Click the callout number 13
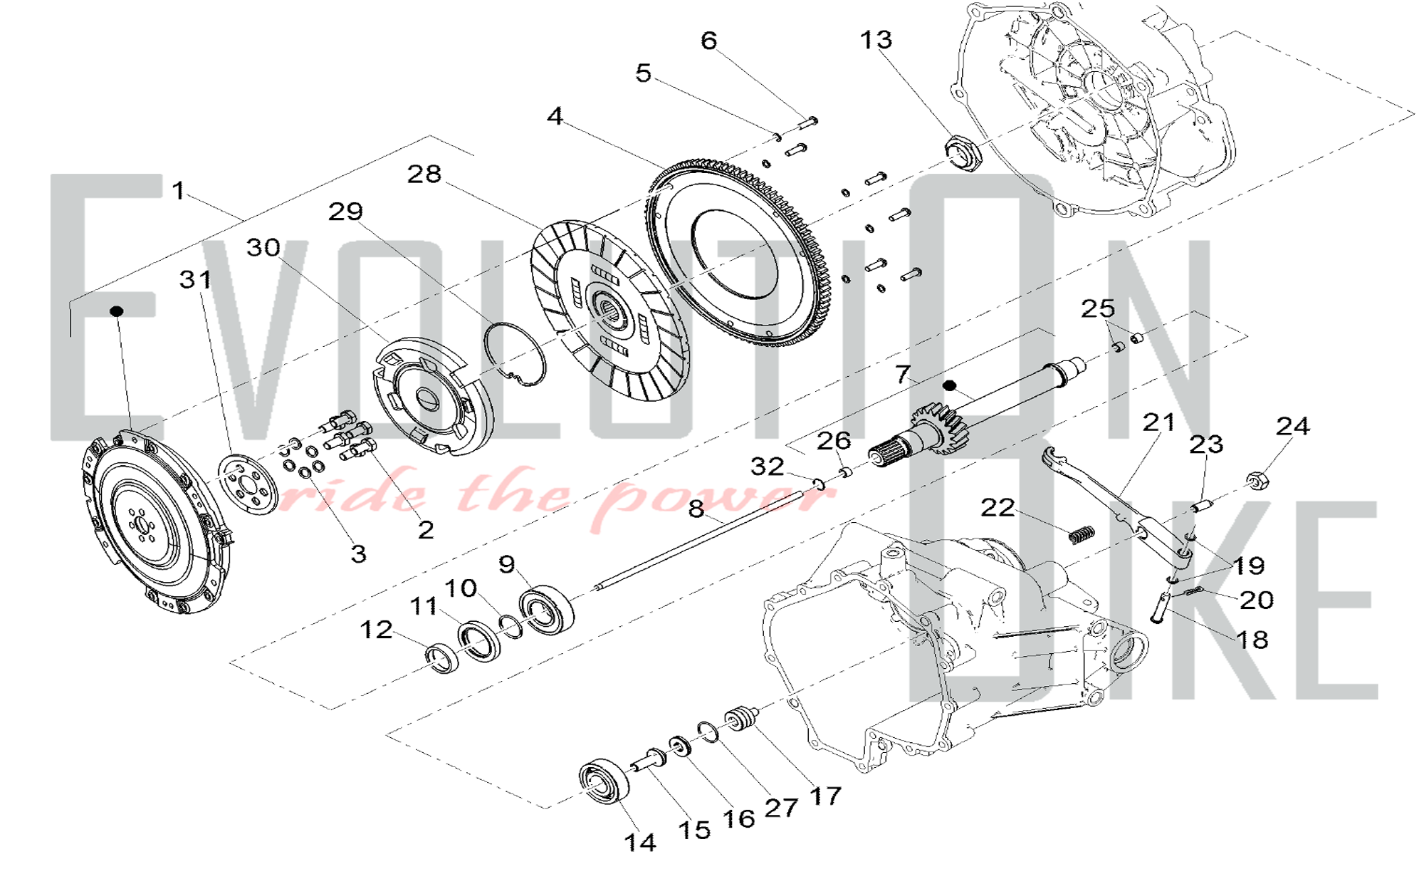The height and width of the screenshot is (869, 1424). [876, 40]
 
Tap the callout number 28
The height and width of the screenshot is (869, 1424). [424, 174]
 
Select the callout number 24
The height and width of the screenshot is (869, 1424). [1292, 426]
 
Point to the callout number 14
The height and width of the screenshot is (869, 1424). [640, 842]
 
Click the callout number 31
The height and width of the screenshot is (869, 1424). [196, 279]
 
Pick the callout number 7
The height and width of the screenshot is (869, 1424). [903, 373]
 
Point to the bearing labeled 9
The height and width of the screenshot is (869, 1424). [547, 608]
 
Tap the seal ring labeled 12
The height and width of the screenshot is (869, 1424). [442, 657]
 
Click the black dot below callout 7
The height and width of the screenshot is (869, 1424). [949, 385]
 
